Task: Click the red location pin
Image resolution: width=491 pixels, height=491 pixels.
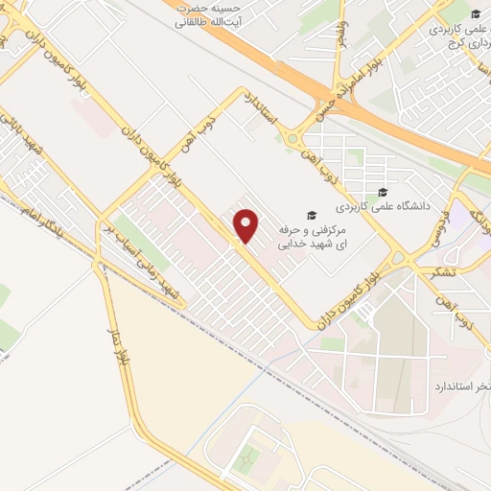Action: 246,225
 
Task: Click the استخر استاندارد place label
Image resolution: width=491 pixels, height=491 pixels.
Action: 452,385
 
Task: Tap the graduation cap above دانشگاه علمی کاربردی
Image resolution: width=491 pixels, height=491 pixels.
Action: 384,191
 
